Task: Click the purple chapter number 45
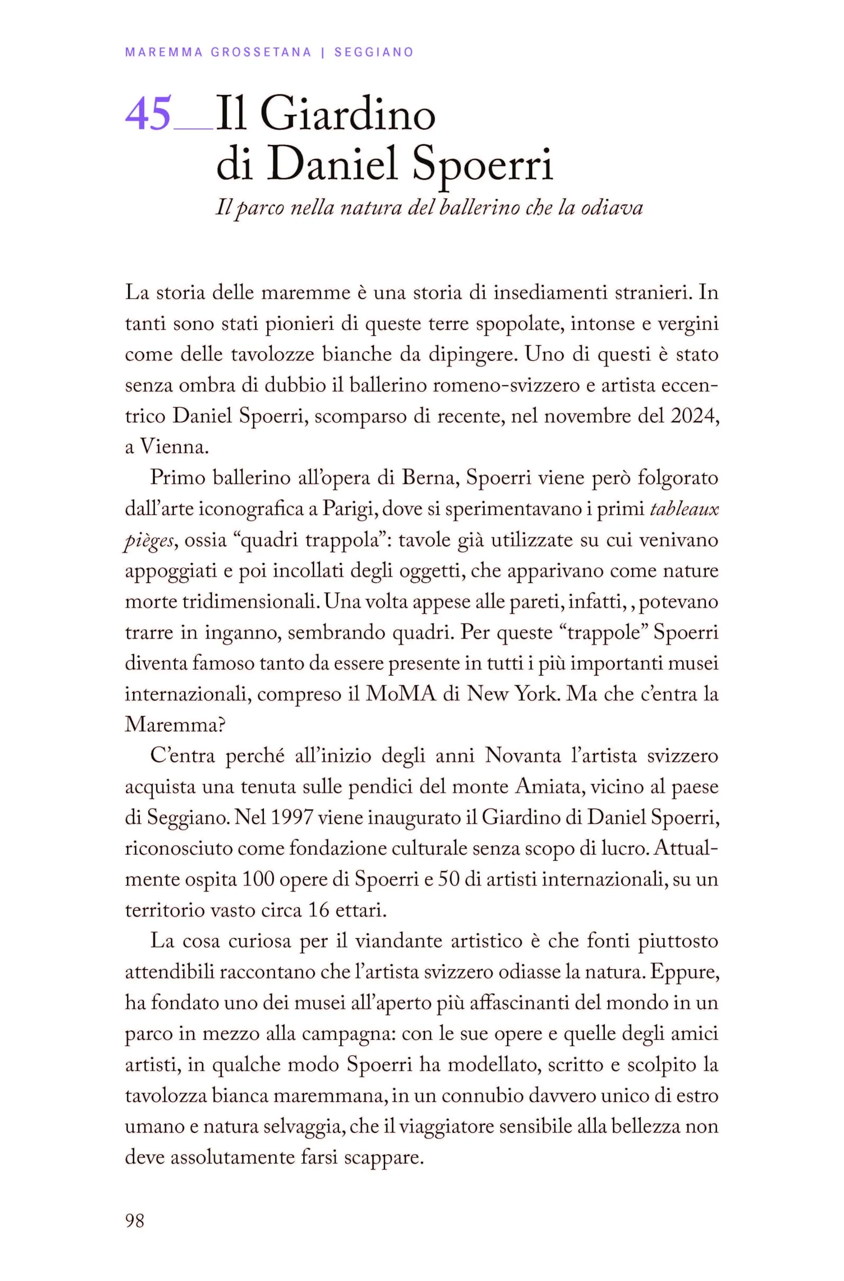pos(148,114)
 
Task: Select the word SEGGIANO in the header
pos(374,52)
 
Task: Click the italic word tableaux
pos(684,508)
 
